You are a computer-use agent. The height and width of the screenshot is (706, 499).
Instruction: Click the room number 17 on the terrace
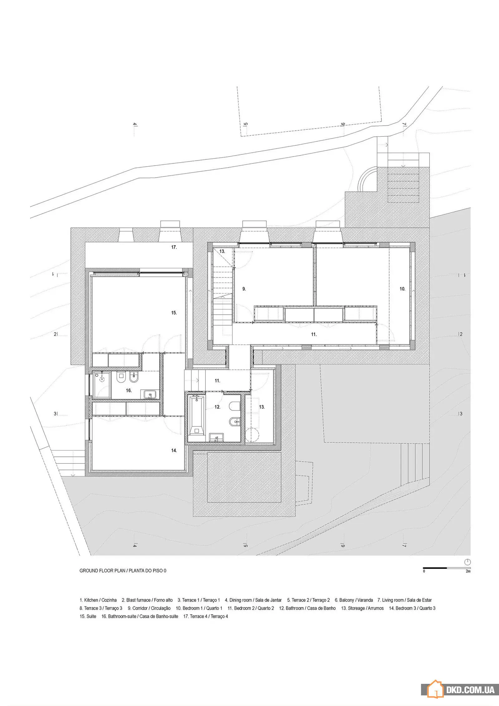174,247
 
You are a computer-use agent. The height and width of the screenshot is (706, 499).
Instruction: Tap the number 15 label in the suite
174,313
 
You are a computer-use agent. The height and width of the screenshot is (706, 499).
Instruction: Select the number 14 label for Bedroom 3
174,450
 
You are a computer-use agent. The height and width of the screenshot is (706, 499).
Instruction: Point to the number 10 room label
402,289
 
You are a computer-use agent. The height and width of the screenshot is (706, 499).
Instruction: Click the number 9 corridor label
244,289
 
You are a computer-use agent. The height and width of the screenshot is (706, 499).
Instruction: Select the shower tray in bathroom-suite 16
102,385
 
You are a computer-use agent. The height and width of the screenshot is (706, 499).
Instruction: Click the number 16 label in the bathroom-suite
129,390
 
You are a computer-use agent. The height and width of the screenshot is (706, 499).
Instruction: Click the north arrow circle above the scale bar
467,562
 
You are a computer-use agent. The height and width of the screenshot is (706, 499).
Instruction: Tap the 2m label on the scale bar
468,571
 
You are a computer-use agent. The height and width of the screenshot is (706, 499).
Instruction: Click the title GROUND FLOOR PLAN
102,571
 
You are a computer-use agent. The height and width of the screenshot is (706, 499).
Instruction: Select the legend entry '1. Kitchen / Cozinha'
98,600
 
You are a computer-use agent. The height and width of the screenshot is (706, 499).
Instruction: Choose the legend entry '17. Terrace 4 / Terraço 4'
206,616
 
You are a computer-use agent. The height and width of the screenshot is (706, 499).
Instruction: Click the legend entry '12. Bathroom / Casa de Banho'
307,608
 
